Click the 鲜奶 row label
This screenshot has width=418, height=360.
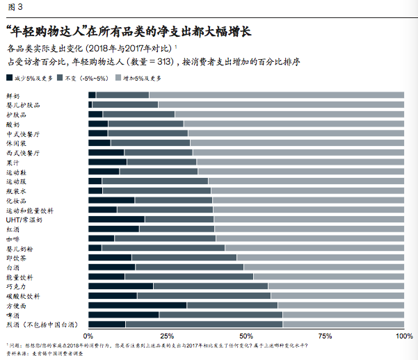click(13, 95)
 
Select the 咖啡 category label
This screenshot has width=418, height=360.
click(13, 238)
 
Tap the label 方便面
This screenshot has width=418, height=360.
click(16, 305)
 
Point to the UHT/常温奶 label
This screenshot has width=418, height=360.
click(24, 219)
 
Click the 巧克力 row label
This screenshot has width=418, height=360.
click(16, 286)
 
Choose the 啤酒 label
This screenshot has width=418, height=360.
click(13, 315)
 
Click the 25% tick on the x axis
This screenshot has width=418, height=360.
click(167, 336)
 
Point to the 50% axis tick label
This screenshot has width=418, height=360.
click(246, 336)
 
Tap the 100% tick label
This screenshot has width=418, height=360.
click(403, 336)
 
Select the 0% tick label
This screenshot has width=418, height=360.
click(90, 336)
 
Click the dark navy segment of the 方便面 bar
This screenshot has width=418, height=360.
click(138, 305)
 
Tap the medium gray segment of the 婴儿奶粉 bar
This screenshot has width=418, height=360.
click(163, 248)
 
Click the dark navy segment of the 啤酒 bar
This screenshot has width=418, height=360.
click(124, 315)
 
